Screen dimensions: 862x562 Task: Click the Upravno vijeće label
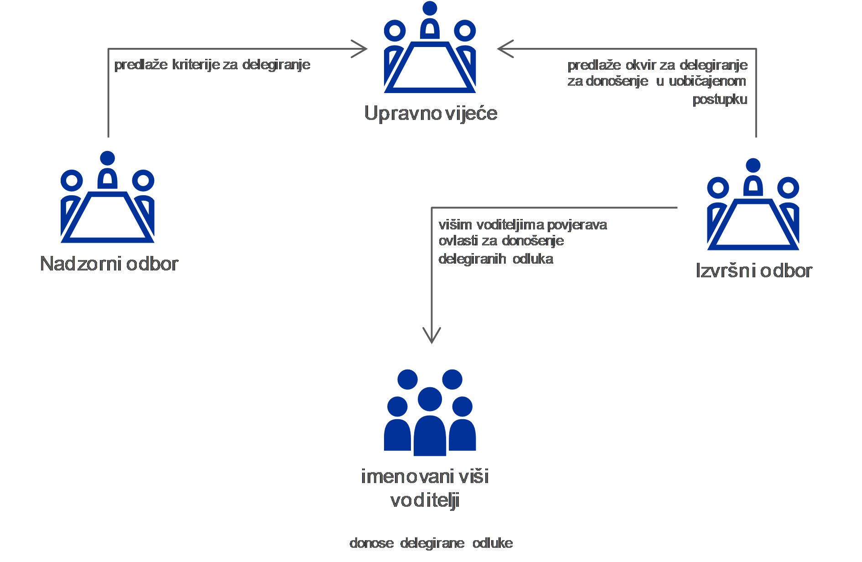click(431, 114)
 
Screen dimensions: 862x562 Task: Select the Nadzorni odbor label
click(109, 264)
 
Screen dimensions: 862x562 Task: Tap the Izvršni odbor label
click(754, 271)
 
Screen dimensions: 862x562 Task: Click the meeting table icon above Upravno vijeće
click(430, 47)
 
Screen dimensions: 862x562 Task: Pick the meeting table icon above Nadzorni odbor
click(108, 197)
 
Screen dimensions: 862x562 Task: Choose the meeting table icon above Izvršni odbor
click(753, 204)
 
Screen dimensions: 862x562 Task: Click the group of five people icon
click(430, 412)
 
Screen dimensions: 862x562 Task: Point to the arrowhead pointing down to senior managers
click(431, 336)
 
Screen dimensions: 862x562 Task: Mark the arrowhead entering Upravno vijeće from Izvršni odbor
click(506, 49)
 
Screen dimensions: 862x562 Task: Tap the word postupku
click(720, 99)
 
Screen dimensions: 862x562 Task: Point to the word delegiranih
click(472, 260)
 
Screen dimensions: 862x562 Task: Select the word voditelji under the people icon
click(425, 501)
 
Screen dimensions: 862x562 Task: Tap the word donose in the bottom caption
click(372, 543)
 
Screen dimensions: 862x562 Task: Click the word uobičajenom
click(707, 81)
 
